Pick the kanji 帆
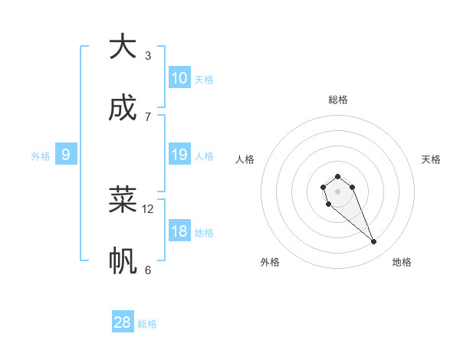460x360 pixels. coord(123,261)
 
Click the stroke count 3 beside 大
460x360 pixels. coord(148,55)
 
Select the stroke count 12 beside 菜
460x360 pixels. coord(148,208)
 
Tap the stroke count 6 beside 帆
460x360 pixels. coord(148,270)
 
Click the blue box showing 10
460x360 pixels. coord(179,77)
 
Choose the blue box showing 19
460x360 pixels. coord(179,155)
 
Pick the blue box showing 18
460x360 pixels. coord(179,231)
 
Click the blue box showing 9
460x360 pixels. coord(66,155)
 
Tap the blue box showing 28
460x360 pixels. coord(123,322)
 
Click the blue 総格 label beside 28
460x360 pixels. coord(147,324)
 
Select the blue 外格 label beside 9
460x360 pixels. coord(41,156)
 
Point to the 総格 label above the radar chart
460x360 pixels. coord(338,100)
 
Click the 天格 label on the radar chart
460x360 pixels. coord(431,159)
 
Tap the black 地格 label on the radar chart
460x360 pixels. coord(402,262)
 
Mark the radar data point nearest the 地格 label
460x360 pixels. coord(374,242)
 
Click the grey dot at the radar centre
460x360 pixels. coord(337,191)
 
